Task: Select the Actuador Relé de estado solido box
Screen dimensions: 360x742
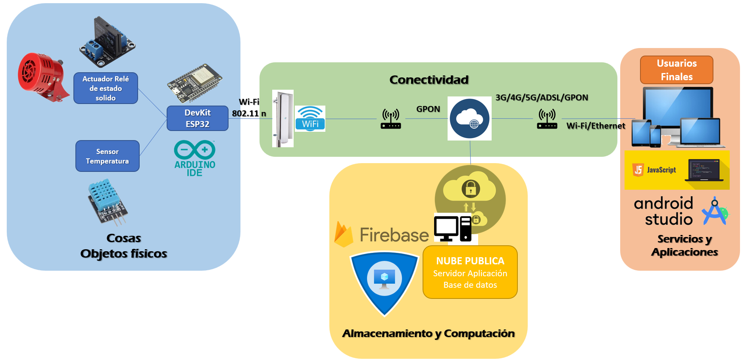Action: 106,88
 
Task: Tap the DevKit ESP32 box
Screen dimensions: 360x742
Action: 197,118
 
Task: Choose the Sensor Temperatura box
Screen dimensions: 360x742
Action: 107,156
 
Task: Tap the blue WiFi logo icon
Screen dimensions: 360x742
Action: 310,118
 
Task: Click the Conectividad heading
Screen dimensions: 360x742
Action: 429,80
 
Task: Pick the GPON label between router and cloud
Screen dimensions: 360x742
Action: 428,109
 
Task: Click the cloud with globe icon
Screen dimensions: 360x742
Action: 469,118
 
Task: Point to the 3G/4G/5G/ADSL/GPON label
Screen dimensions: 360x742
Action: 542,98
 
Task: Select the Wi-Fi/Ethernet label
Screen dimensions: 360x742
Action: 596,126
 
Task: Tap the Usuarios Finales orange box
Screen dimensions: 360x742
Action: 677,70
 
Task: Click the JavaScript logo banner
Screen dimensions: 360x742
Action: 677,170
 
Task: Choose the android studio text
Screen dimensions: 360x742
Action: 663,211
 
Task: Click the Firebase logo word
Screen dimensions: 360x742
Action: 394,235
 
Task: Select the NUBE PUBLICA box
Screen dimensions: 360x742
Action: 470,272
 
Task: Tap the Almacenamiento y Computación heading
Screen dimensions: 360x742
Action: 428,333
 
